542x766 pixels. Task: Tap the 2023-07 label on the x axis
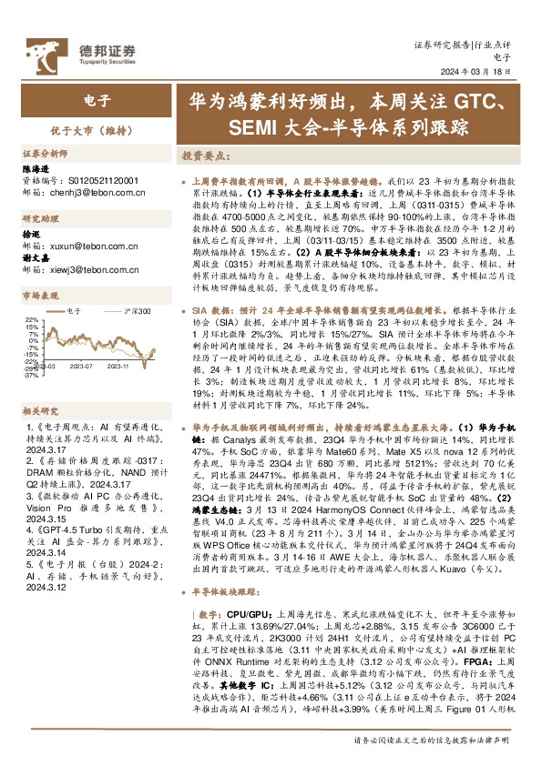(82, 366)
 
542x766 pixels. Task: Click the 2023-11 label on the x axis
(118, 366)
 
